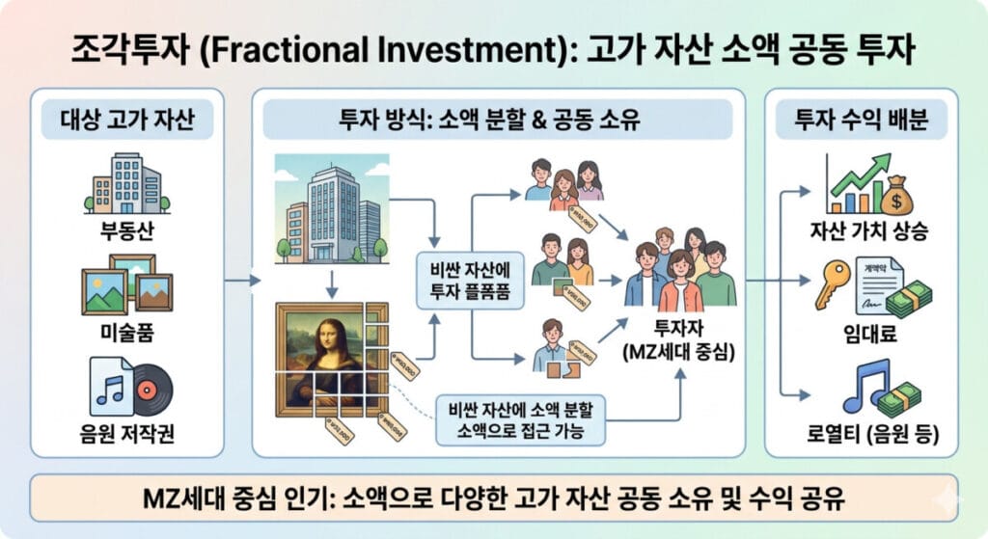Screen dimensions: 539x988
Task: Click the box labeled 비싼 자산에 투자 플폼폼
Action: click(x=471, y=281)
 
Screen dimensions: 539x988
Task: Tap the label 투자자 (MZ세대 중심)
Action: click(x=679, y=340)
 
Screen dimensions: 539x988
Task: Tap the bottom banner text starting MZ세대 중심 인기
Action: click(x=493, y=499)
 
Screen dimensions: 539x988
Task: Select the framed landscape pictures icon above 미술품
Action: click(x=127, y=283)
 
